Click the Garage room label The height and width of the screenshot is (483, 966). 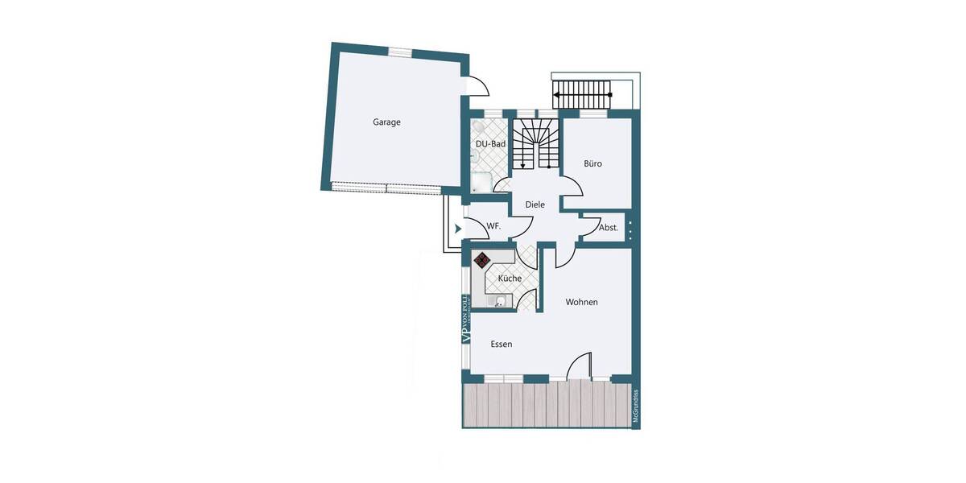(386, 122)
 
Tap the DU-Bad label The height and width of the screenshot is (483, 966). (490, 144)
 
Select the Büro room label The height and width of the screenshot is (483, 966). (592, 163)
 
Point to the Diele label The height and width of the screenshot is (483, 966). (535, 204)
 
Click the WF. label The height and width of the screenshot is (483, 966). (493, 227)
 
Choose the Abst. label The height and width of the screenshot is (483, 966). (609, 228)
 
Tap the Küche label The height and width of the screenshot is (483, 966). (510, 279)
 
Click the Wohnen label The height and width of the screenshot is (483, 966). (581, 302)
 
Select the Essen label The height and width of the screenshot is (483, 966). (502, 344)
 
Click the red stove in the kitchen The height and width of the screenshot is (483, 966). (482, 260)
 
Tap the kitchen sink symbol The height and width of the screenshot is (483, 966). (500, 302)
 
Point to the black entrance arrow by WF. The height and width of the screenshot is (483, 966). (458, 229)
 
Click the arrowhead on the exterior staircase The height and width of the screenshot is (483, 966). (558, 95)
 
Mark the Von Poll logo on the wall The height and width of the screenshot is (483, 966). (465, 320)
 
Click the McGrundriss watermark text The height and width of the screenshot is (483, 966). (635, 407)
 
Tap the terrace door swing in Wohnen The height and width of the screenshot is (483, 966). (580, 365)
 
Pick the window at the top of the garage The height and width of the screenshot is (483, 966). (400, 52)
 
